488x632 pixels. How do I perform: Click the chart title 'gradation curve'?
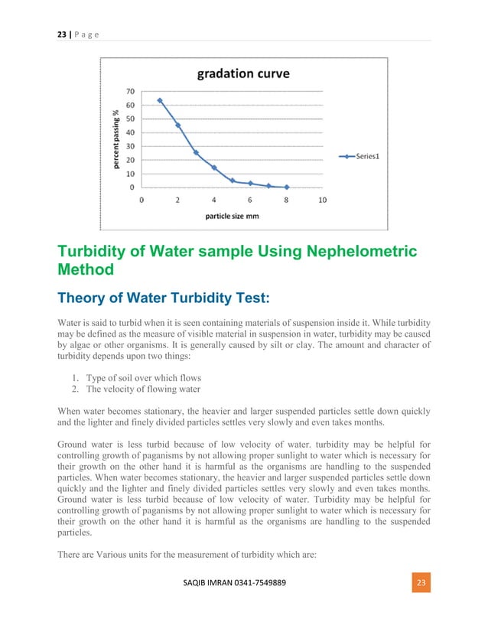[243, 74]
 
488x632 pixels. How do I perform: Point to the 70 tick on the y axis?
[131, 91]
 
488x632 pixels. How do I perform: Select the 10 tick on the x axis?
[322, 200]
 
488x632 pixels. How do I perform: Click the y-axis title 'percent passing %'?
[115, 138]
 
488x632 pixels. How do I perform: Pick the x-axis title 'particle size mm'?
[232, 216]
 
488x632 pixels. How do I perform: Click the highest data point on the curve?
[160, 100]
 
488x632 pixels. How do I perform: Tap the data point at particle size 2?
[178, 125]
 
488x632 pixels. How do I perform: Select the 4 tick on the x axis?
[214, 200]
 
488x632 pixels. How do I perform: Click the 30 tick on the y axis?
[131, 146]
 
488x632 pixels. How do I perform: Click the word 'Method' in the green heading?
[86, 269]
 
